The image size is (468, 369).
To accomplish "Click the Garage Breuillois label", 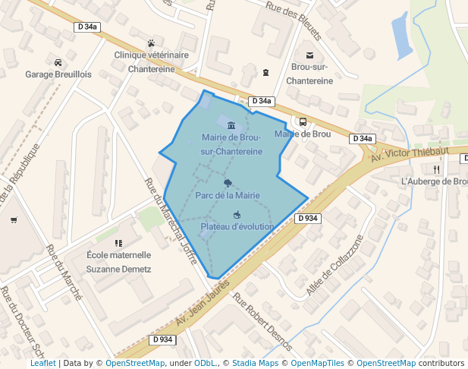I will click(x=58, y=74).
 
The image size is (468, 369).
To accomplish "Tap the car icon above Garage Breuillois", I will click(x=58, y=61).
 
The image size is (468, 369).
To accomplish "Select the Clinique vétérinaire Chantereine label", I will click(x=151, y=61).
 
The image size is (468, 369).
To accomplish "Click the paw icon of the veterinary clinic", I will click(x=152, y=43).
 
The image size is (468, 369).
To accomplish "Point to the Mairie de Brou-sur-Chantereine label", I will click(x=231, y=144).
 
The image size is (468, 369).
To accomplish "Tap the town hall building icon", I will click(x=231, y=125).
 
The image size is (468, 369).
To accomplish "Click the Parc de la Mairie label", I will click(x=228, y=195).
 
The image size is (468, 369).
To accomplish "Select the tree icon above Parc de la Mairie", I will click(x=228, y=182).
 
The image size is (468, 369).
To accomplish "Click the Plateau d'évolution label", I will click(x=237, y=226).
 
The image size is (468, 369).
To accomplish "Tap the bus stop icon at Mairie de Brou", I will click(x=303, y=121).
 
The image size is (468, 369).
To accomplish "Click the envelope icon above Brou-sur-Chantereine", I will click(x=309, y=55).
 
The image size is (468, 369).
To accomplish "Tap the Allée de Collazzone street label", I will click(x=335, y=265).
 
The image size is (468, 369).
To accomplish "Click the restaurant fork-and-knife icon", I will click(x=436, y=169).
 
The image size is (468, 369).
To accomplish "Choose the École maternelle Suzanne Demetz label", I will click(x=119, y=262).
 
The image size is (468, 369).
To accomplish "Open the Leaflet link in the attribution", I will click(x=43, y=363).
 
